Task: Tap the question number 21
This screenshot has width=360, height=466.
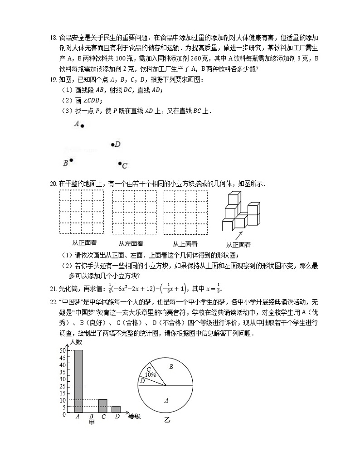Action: tap(52, 289)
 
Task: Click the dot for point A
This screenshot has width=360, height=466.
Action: tap(82, 126)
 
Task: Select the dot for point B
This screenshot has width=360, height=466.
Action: tap(71, 160)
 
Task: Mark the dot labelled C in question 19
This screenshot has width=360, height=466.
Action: tap(120, 164)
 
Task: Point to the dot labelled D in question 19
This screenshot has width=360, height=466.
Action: tap(112, 145)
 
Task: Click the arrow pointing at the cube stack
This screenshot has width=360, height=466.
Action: tap(238, 235)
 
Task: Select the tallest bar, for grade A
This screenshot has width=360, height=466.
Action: tap(78, 381)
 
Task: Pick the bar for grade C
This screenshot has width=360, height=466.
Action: tap(103, 406)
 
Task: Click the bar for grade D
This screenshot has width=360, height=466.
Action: tap(116, 409)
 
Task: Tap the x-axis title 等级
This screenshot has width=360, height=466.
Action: tap(135, 416)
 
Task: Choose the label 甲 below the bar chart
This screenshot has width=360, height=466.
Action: tap(92, 422)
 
